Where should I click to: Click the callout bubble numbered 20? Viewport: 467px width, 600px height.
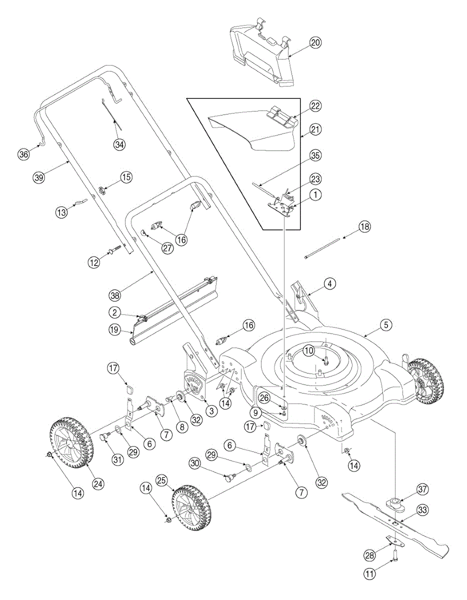[315, 42]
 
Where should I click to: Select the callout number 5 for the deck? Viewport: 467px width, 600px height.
[385, 325]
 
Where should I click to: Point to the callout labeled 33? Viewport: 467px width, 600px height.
[423, 511]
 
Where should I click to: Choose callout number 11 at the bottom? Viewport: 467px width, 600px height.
[369, 574]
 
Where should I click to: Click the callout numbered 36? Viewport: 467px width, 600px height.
[23, 154]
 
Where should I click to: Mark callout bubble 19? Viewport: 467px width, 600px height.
[114, 330]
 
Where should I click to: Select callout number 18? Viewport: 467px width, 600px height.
[365, 226]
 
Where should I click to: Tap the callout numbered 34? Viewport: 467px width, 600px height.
[118, 144]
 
